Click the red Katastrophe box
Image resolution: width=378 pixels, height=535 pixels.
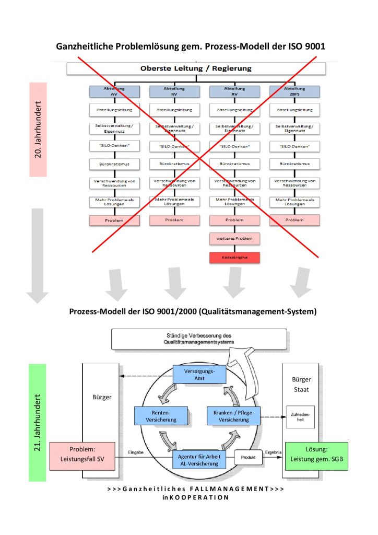click(234, 258)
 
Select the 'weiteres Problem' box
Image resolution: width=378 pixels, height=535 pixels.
click(234, 239)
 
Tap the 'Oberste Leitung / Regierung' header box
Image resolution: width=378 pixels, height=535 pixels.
click(196, 68)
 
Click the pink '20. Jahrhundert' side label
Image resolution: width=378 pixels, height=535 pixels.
click(38, 129)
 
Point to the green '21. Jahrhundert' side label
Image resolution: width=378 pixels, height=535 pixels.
click(38, 422)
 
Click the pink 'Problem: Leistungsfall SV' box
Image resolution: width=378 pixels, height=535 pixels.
click(82, 456)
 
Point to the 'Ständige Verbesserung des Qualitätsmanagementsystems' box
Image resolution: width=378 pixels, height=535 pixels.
click(199, 339)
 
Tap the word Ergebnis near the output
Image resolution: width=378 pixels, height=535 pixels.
click(274, 452)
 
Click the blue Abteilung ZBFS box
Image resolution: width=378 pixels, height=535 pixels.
click(294, 92)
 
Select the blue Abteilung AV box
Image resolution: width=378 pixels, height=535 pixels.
click(114, 92)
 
